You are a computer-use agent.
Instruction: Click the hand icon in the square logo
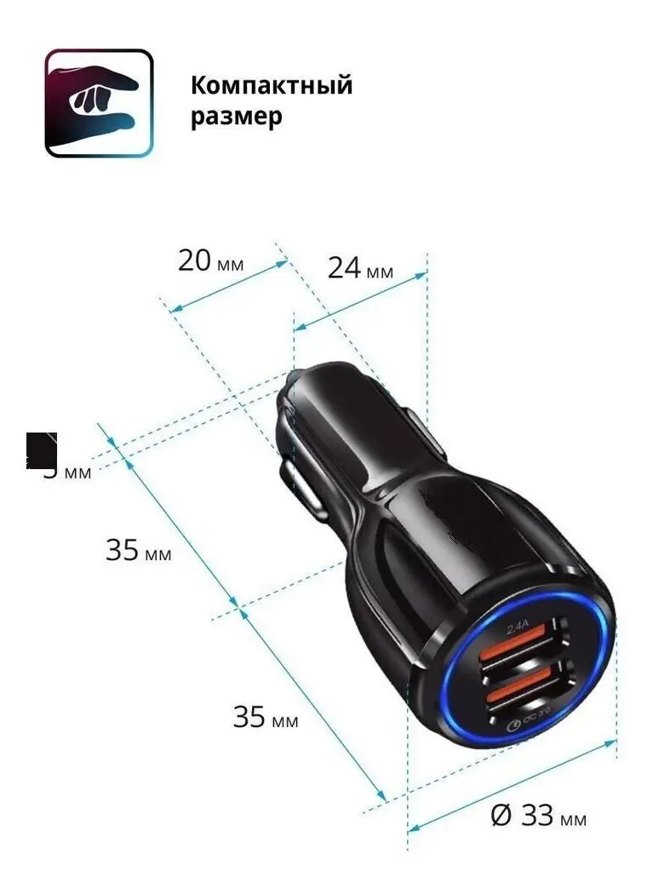pyautogui.click(x=99, y=103)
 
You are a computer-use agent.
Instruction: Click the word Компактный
pyautogui.click(x=271, y=86)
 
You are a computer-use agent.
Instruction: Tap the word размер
pyautogui.click(x=236, y=117)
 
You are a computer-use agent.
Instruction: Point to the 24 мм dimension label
pyautogui.click(x=360, y=269)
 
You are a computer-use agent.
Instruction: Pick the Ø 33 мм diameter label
pyautogui.click(x=539, y=817)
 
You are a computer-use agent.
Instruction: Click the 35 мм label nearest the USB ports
pyautogui.click(x=266, y=718)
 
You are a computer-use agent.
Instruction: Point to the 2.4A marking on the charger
pyautogui.click(x=518, y=629)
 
